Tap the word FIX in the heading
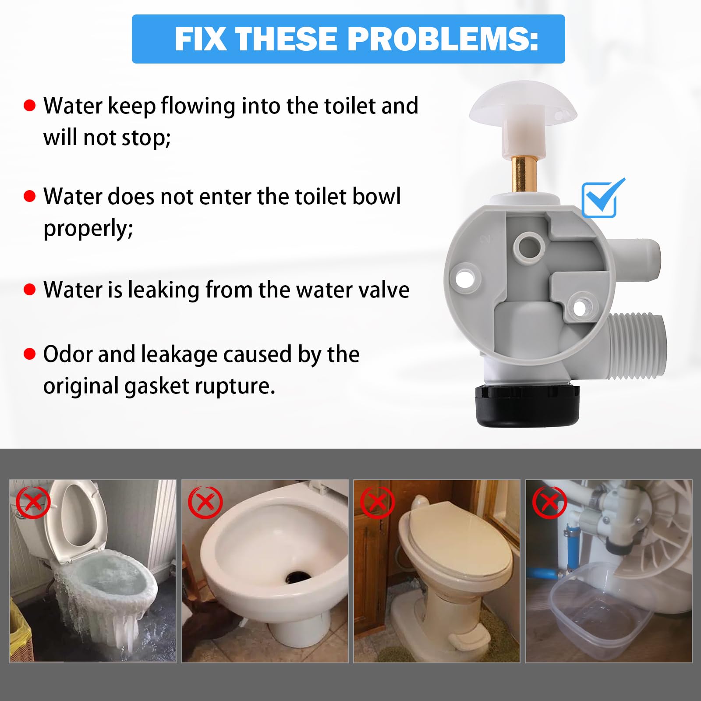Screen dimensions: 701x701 coord(200,39)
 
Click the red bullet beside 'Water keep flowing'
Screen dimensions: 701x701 coord(29,106)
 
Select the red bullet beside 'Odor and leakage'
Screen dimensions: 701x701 coord(29,354)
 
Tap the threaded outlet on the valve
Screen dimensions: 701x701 coord(637,346)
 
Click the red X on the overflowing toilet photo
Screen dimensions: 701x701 coord(33,503)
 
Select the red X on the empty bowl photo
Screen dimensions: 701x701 coord(205,503)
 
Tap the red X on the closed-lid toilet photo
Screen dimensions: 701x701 coord(377,503)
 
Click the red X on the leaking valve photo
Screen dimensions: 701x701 coord(549,503)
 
